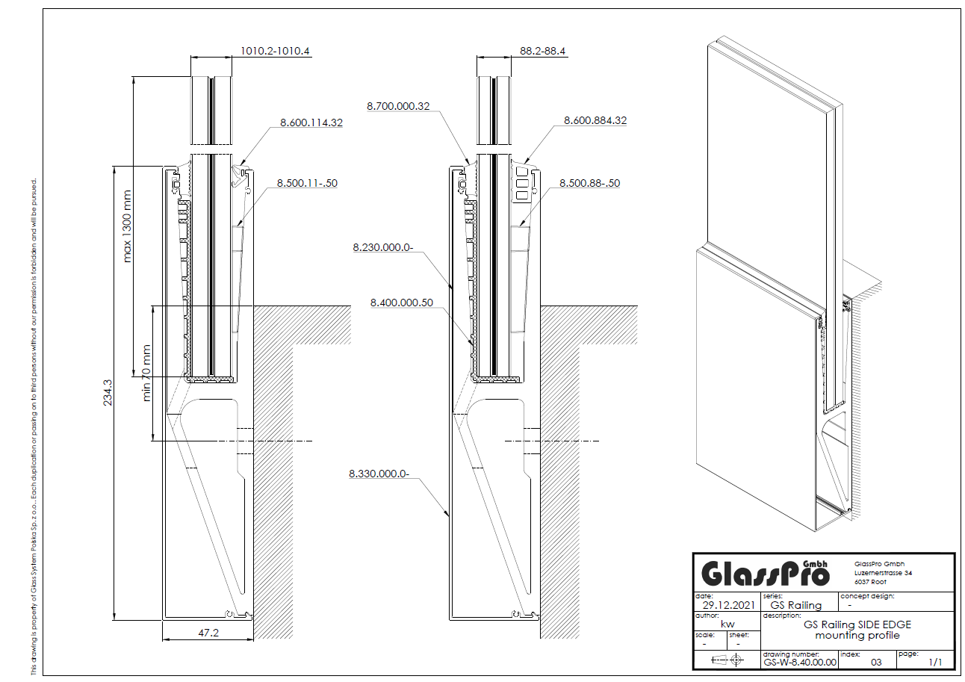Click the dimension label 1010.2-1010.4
click(x=275, y=51)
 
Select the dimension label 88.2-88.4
click(x=542, y=51)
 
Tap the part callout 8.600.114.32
click(x=311, y=123)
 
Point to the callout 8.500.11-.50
click(x=307, y=183)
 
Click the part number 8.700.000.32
click(x=398, y=106)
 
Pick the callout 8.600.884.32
click(x=595, y=120)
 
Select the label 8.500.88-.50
click(x=590, y=183)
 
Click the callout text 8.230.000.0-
click(x=383, y=247)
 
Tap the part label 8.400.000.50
click(x=402, y=303)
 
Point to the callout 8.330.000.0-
click(x=379, y=474)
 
